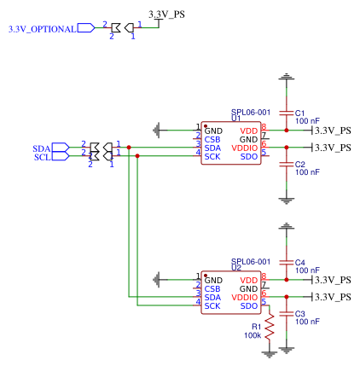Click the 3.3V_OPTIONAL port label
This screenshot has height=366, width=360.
[41, 28]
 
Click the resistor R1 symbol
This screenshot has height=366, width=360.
[270, 328]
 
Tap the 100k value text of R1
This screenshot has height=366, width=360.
[253, 335]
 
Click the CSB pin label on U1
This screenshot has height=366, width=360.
[212, 138]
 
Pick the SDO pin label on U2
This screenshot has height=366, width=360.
[249, 306]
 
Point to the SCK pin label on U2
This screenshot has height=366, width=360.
[212, 306]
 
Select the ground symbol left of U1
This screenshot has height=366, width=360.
[156, 130]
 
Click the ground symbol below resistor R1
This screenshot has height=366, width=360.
[270, 351]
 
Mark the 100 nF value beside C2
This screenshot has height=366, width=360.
[307, 171]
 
